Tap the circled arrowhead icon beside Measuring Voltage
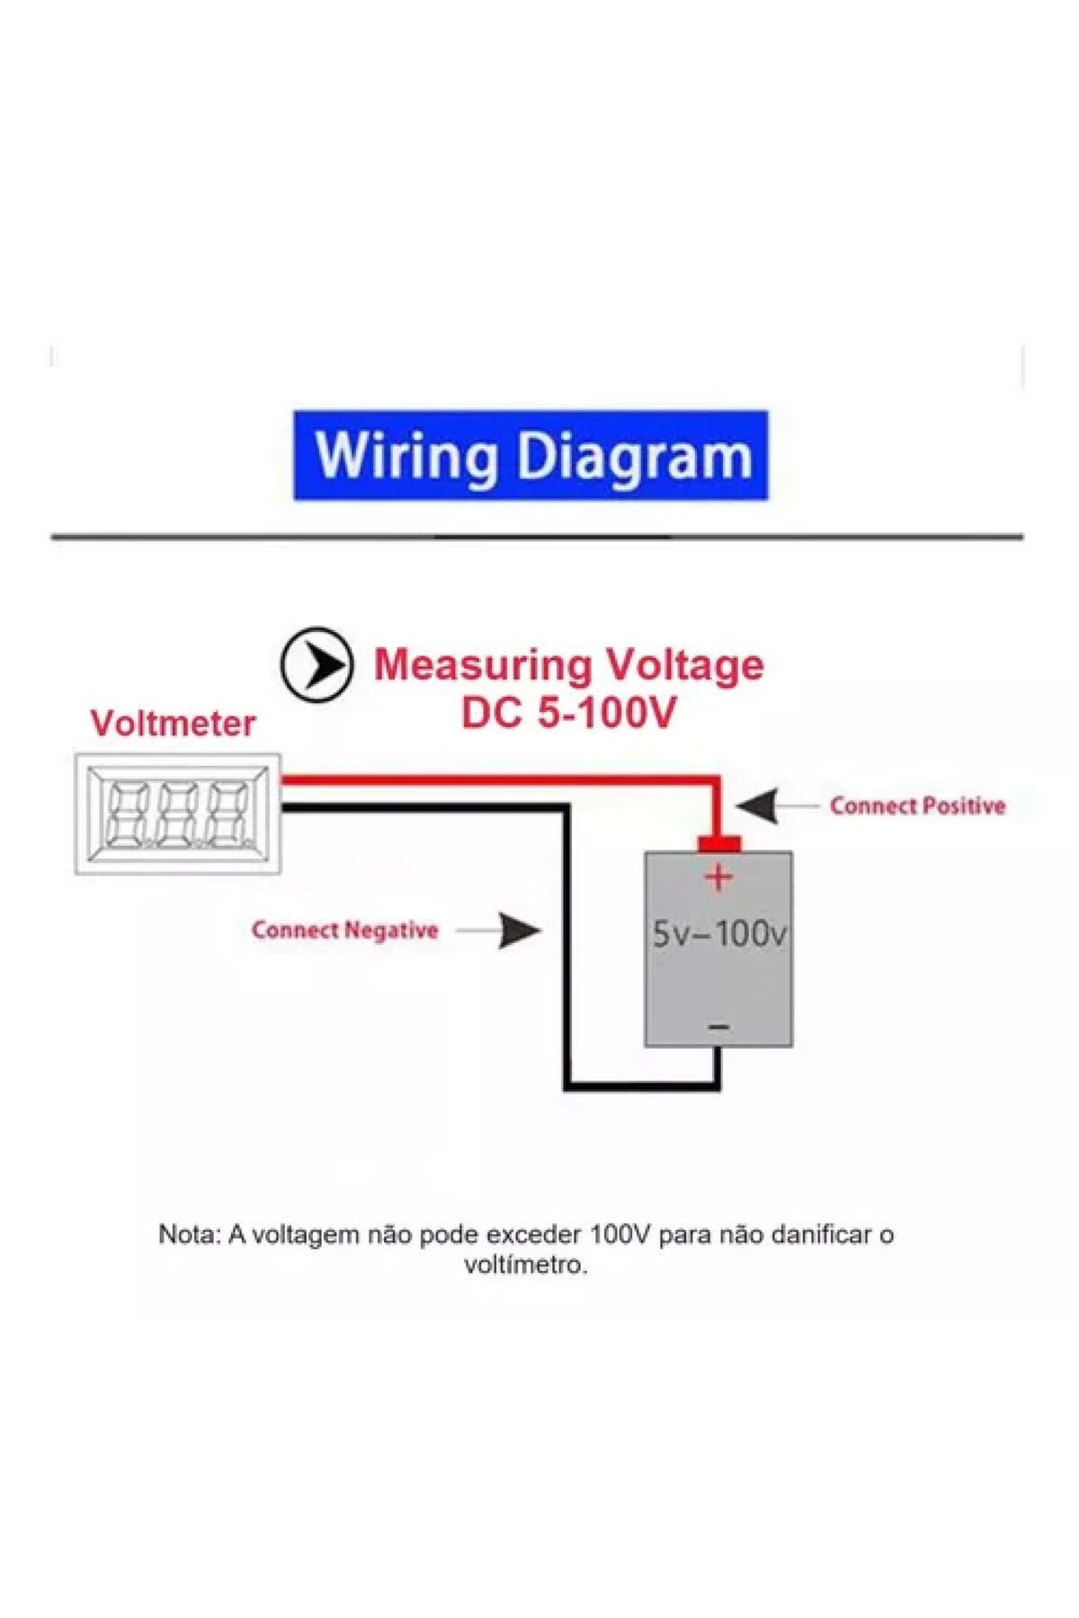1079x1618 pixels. coord(316,665)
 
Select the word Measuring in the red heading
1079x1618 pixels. coord(482,665)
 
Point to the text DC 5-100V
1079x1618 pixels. coord(568,715)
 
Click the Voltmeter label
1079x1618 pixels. coord(173,724)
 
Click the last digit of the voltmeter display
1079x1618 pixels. coord(224,814)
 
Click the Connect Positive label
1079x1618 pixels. coord(917,805)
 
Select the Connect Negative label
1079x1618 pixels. coord(345,930)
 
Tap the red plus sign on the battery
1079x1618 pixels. coord(718,876)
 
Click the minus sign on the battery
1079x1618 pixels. coord(718,1027)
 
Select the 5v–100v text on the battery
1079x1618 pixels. coord(718,935)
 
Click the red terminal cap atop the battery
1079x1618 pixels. coord(718,843)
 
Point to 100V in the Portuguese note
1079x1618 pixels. coord(620,1234)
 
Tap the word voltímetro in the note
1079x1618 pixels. coord(525,1265)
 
